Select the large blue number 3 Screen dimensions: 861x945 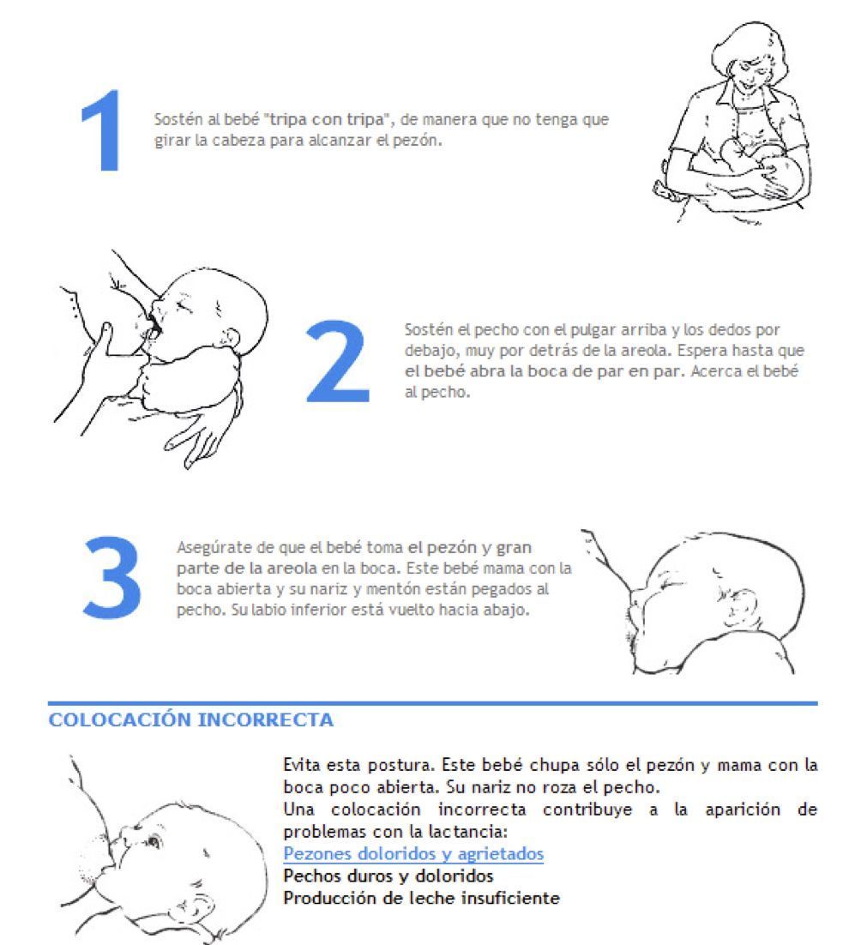tap(112, 577)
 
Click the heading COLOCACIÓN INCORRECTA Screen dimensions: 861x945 tap(191, 719)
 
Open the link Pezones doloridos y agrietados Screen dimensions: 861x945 tap(413, 853)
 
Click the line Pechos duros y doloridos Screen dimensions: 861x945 tap(388, 876)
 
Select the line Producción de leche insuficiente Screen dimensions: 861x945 tap(422, 898)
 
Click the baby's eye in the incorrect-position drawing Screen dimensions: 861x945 tap(152, 840)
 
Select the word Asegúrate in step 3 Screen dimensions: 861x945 tap(214, 548)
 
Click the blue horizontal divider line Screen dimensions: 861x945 tap(432, 702)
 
